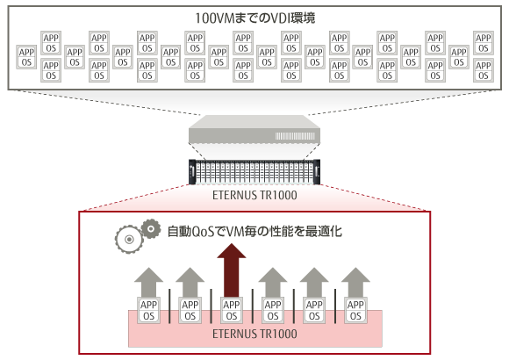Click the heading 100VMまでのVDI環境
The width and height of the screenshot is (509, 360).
click(254, 18)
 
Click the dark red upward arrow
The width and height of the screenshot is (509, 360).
click(232, 270)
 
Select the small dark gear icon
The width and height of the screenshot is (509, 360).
click(151, 229)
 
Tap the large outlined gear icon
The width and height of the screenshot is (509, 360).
click(129, 240)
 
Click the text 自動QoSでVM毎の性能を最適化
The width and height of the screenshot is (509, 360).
click(254, 231)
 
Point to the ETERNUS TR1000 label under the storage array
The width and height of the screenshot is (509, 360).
click(254, 195)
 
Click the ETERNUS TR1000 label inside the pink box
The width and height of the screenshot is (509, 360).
click(254, 334)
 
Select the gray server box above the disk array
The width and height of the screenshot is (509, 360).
click(254, 129)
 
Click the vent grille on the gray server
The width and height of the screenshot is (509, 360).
click(295, 136)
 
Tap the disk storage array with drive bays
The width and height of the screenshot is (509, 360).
click(254, 172)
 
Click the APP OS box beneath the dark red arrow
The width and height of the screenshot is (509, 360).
click(232, 310)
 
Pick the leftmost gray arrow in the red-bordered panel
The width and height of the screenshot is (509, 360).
click(148, 283)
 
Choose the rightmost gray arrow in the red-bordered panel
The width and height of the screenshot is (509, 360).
click(355, 283)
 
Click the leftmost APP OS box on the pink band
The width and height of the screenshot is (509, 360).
click(148, 310)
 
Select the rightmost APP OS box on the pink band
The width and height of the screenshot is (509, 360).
click(355, 310)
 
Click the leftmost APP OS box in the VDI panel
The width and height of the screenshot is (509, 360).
click(26, 57)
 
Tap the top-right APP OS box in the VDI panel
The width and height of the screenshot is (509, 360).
click(484, 43)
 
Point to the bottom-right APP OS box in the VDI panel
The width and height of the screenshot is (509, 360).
click(484, 70)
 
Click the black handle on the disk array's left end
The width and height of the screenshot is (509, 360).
click(192, 172)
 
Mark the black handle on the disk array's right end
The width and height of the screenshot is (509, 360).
click(317, 172)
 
